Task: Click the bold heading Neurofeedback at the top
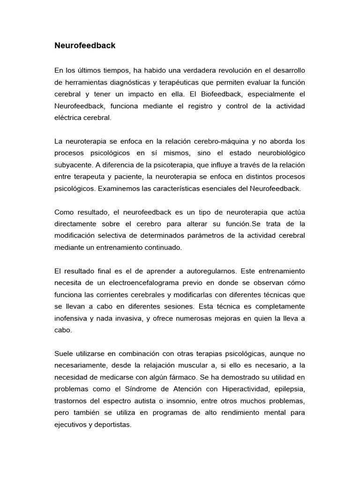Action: pos(85,46)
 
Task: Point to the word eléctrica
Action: pos(69,118)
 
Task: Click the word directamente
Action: pos(77,224)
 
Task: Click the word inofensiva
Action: pos(74,318)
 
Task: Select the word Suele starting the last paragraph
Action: pos(64,353)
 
